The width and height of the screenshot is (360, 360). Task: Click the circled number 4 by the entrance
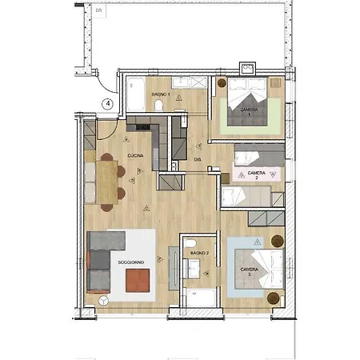tap(108, 103)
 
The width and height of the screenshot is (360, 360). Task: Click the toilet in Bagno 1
tap(159, 106)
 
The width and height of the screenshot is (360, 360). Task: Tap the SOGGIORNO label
tap(130, 262)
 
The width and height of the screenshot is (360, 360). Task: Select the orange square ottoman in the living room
tap(137, 279)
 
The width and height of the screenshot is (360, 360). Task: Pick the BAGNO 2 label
tap(200, 254)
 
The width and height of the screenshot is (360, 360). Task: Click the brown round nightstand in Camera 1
tap(222, 82)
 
